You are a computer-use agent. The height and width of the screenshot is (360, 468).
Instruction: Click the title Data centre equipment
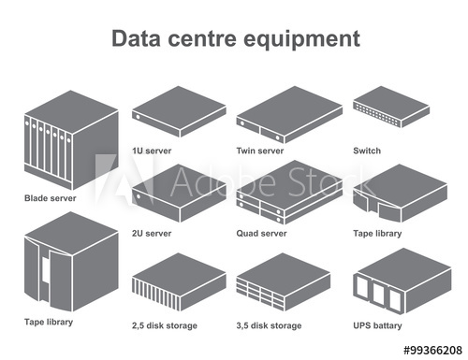click(x=234, y=39)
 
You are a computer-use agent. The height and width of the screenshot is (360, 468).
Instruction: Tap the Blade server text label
click(x=51, y=198)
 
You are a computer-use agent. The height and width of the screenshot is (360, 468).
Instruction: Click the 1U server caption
click(x=153, y=150)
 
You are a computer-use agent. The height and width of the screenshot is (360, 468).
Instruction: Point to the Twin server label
click(x=260, y=150)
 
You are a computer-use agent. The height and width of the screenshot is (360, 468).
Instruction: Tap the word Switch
click(x=366, y=150)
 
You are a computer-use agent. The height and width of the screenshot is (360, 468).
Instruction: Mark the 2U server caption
click(x=153, y=233)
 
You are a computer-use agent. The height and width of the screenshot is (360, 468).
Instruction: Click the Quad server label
click(x=261, y=233)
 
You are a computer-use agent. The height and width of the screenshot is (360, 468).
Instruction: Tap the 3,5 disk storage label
click(x=271, y=325)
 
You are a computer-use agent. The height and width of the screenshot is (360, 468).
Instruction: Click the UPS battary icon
click(x=391, y=281)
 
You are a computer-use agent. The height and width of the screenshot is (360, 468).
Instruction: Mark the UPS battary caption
click(x=377, y=325)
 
